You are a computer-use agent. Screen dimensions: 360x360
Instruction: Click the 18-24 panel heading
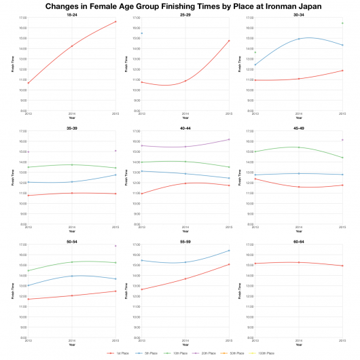point(71,14)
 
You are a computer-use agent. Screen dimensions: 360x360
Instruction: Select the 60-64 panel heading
point(298,240)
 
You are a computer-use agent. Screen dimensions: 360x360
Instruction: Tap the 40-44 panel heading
point(185,127)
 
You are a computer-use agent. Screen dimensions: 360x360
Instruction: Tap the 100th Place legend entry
point(266,354)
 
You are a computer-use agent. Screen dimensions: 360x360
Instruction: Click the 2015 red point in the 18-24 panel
point(115,22)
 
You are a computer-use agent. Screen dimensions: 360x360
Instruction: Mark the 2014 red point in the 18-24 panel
point(71,46)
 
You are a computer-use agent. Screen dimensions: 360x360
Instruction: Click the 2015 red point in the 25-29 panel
point(228,41)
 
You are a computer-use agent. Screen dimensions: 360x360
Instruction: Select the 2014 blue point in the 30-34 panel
point(298,39)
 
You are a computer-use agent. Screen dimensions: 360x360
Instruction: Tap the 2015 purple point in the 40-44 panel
point(228,139)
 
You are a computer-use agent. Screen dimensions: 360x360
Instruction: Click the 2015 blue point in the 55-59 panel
point(228,251)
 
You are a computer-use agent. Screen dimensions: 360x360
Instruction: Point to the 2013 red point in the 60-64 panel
point(255,264)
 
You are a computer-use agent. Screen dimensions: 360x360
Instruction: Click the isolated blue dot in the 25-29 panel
point(142,33)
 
